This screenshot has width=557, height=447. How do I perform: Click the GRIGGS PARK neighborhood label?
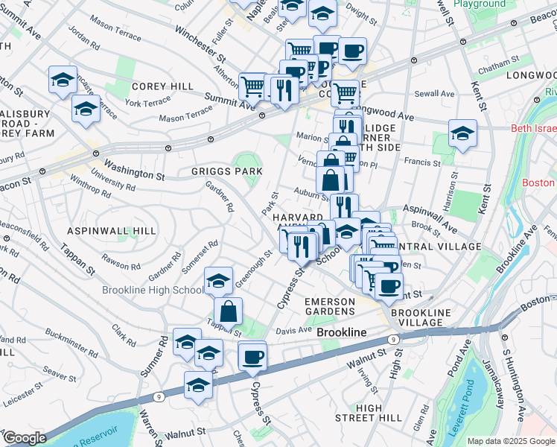[226, 171]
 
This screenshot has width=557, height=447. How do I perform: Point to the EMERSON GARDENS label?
[329, 305]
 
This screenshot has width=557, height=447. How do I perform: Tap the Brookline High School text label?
[153, 291]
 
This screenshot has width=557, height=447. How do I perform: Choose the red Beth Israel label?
[532, 128]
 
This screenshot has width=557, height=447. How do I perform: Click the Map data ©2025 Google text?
[511, 441]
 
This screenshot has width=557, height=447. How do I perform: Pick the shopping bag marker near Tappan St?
[228, 311]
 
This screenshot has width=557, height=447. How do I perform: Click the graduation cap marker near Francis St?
[462, 134]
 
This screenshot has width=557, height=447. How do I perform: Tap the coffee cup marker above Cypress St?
[252, 356]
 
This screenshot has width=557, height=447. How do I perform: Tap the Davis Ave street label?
[294, 330]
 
